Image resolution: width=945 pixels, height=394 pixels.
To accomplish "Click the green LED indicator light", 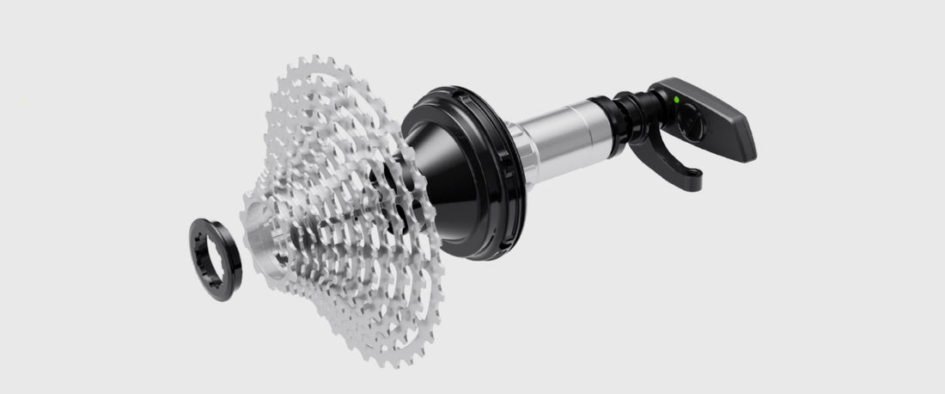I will coord(677,100).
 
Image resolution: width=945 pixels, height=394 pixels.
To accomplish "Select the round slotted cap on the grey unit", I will coord(693,125).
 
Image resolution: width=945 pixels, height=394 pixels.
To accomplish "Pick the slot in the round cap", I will coord(693,126).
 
